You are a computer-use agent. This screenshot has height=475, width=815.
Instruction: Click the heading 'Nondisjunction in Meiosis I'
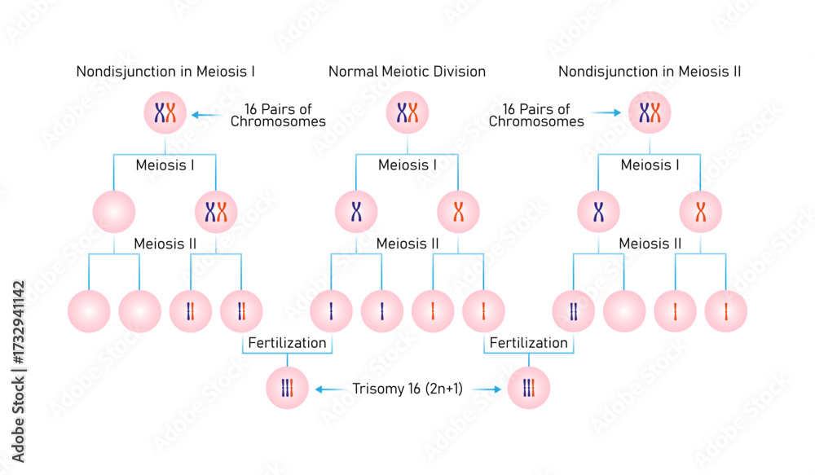(165, 72)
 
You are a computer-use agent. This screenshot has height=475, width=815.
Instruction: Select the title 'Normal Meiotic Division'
(407, 72)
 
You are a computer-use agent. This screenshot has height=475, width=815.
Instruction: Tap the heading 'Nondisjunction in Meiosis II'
(650, 72)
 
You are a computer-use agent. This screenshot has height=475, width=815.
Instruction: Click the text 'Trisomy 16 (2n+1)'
(407, 389)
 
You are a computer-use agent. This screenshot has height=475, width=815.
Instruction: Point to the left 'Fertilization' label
(287, 343)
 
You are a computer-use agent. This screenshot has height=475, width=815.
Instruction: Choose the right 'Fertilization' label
(529, 343)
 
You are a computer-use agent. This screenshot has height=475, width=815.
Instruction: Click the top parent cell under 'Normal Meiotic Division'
(407, 112)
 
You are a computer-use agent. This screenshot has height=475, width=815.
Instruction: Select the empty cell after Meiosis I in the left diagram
(114, 212)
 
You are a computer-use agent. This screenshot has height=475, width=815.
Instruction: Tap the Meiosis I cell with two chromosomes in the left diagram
(216, 212)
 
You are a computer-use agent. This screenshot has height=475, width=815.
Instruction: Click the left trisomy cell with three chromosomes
(287, 388)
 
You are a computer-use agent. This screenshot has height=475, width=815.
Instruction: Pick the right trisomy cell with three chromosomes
(529, 388)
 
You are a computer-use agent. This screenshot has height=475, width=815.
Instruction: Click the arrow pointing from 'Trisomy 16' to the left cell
(331, 389)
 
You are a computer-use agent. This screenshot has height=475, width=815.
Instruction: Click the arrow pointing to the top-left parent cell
(207, 115)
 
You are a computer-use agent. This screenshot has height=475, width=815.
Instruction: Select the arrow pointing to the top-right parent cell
(606, 112)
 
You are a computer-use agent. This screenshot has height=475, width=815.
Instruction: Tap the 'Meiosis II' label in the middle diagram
(407, 244)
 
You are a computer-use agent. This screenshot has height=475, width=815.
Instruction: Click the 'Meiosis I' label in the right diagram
(650, 165)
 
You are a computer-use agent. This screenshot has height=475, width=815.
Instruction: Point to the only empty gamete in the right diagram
(624, 311)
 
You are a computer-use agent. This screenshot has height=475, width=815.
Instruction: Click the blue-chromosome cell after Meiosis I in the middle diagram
(357, 212)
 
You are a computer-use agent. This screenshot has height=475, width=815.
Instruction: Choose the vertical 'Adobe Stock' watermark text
(18, 372)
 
